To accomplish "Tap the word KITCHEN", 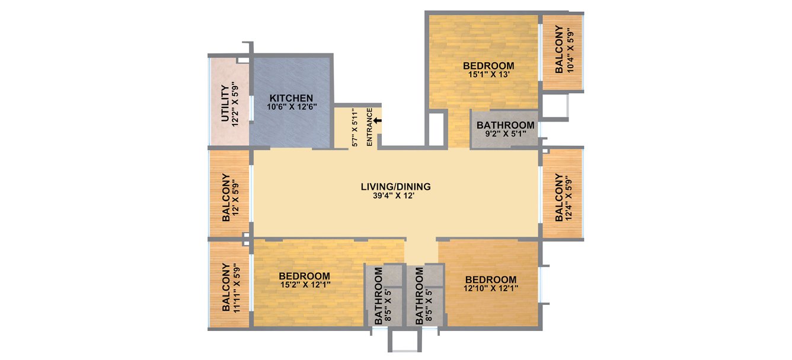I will [291, 98].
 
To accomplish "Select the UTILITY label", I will [225, 104].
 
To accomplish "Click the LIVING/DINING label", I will [395, 187].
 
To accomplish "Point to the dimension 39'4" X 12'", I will [395, 196].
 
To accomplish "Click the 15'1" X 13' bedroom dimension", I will [488, 75].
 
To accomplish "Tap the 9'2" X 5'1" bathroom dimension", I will [505, 135].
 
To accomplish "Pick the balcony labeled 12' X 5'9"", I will [231, 197].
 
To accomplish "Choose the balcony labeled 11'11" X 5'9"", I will [231, 287].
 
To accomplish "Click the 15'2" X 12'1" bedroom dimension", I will [305, 285].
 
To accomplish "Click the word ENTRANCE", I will [369, 127].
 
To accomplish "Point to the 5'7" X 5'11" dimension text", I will [355, 128].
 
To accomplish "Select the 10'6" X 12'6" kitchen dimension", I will [291, 107].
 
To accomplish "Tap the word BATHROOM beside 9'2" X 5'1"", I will [505, 126].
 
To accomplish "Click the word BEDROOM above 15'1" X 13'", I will [488, 65].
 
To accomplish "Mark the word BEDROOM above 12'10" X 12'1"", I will [490, 280].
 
